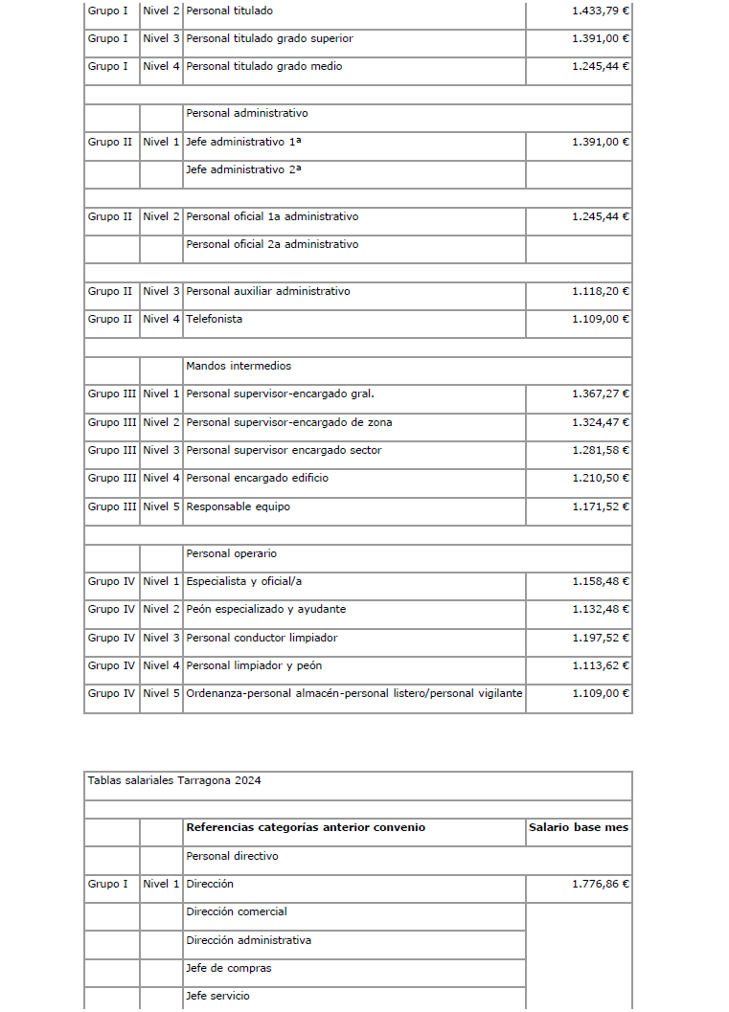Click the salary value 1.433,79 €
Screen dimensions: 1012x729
[600, 11]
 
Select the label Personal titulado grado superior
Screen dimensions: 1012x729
[269, 38]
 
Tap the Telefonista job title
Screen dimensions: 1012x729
[214, 319]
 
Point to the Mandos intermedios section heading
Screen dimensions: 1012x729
[239, 366]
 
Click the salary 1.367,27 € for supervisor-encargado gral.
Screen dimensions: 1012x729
[600, 394]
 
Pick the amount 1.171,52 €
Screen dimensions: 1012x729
[600, 506]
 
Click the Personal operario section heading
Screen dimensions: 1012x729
[232, 553]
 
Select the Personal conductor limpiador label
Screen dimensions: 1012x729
[262, 638]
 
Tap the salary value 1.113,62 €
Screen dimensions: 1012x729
[600, 665]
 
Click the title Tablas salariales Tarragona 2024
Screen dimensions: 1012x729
[173, 780]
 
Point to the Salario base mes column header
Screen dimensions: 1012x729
[579, 827]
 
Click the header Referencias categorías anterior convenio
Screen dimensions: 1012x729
[306, 827]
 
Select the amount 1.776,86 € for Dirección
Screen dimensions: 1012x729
[600, 884]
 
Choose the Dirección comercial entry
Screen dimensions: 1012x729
[237, 911]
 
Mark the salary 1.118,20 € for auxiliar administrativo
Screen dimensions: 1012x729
[600, 291]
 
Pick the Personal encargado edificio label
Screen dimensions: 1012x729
[257, 478]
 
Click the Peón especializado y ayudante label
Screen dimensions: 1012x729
[265, 609]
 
